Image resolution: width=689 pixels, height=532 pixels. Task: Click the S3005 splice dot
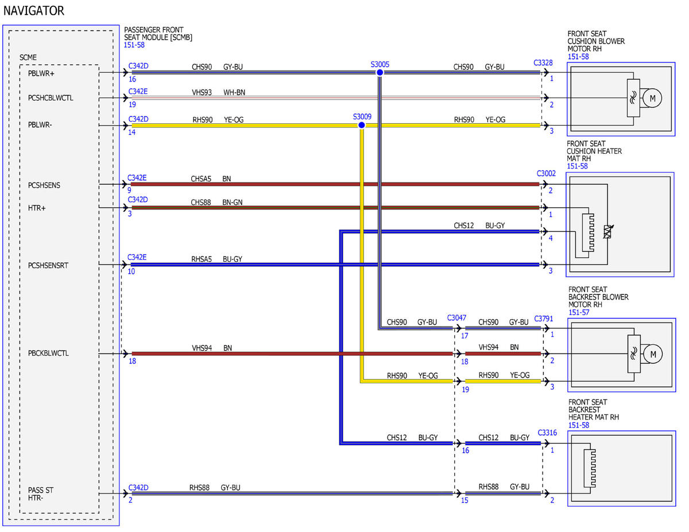(x=380, y=72)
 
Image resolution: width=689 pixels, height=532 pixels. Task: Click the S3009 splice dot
(x=362, y=126)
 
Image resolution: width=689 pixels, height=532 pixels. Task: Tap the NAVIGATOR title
(x=34, y=11)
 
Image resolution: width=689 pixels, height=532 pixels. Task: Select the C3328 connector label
(x=543, y=63)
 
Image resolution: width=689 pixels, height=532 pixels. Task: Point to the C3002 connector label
(x=546, y=173)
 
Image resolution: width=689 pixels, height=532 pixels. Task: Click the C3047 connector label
(x=456, y=318)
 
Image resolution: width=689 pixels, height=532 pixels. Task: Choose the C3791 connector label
(x=544, y=319)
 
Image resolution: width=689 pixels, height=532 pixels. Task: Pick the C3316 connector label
(x=547, y=433)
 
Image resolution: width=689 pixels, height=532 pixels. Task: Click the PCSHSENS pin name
(x=44, y=185)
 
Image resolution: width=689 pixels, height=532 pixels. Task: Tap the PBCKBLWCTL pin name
(x=48, y=353)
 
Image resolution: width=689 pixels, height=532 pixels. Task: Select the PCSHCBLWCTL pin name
(x=51, y=98)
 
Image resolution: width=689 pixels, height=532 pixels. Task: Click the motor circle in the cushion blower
(x=652, y=98)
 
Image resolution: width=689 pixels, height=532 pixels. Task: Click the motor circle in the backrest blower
(x=653, y=354)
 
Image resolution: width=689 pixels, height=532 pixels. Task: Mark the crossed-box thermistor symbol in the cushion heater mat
(x=608, y=232)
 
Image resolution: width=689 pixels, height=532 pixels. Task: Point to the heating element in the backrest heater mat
(x=590, y=468)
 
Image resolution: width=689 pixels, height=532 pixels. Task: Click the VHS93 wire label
(x=202, y=92)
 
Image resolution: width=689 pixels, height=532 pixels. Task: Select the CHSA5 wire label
(x=201, y=179)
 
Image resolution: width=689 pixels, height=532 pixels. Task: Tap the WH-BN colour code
(x=234, y=92)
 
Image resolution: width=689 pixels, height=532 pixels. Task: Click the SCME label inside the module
(x=28, y=57)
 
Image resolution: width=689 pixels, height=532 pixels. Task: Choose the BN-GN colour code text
(x=233, y=203)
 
